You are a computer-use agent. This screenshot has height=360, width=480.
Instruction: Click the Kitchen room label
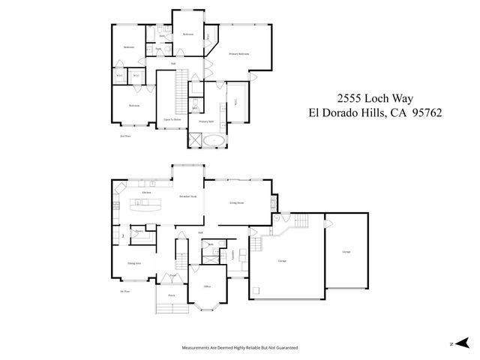(147, 193)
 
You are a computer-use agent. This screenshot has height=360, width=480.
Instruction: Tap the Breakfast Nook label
(187, 196)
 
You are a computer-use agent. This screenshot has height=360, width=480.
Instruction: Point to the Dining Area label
(134, 264)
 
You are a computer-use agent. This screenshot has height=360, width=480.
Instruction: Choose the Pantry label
(139, 232)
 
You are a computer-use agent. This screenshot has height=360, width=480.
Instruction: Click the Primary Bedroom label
(238, 55)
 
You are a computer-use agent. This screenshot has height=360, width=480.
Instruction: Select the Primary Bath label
(206, 121)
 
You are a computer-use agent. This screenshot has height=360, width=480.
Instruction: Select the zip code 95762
(423, 113)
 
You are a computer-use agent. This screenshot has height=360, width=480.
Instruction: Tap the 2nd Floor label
(124, 136)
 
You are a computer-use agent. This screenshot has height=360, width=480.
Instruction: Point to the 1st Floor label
(124, 291)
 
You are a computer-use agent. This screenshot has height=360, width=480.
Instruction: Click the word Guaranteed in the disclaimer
(283, 348)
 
